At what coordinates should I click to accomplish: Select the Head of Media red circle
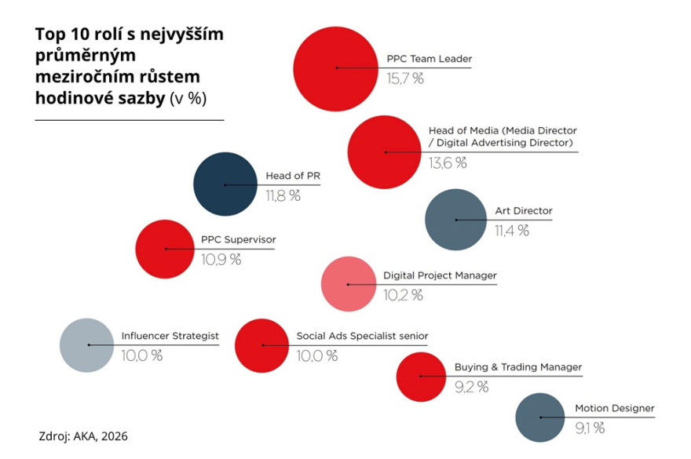(x=385, y=151)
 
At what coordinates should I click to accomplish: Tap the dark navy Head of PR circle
(x=225, y=184)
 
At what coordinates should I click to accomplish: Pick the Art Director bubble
(x=456, y=220)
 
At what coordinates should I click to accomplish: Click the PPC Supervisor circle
(x=166, y=249)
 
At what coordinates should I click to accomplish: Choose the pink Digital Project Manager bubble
(x=349, y=284)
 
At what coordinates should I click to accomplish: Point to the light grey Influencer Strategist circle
(x=89, y=345)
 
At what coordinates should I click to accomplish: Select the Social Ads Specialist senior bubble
(x=263, y=345)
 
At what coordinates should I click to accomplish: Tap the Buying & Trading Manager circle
(x=421, y=377)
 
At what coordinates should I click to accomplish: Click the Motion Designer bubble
(x=540, y=417)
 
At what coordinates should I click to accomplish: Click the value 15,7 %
(x=405, y=78)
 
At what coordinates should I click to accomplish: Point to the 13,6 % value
(x=448, y=162)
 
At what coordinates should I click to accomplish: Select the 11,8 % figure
(x=283, y=196)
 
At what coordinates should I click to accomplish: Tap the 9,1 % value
(x=590, y=428)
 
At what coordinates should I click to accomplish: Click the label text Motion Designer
(x=614, y=408)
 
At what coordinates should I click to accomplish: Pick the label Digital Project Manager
(x=440, y=275)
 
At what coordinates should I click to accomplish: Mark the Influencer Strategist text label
(x=170, y=336)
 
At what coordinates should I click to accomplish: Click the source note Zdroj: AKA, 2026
(x=82, y=435)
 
